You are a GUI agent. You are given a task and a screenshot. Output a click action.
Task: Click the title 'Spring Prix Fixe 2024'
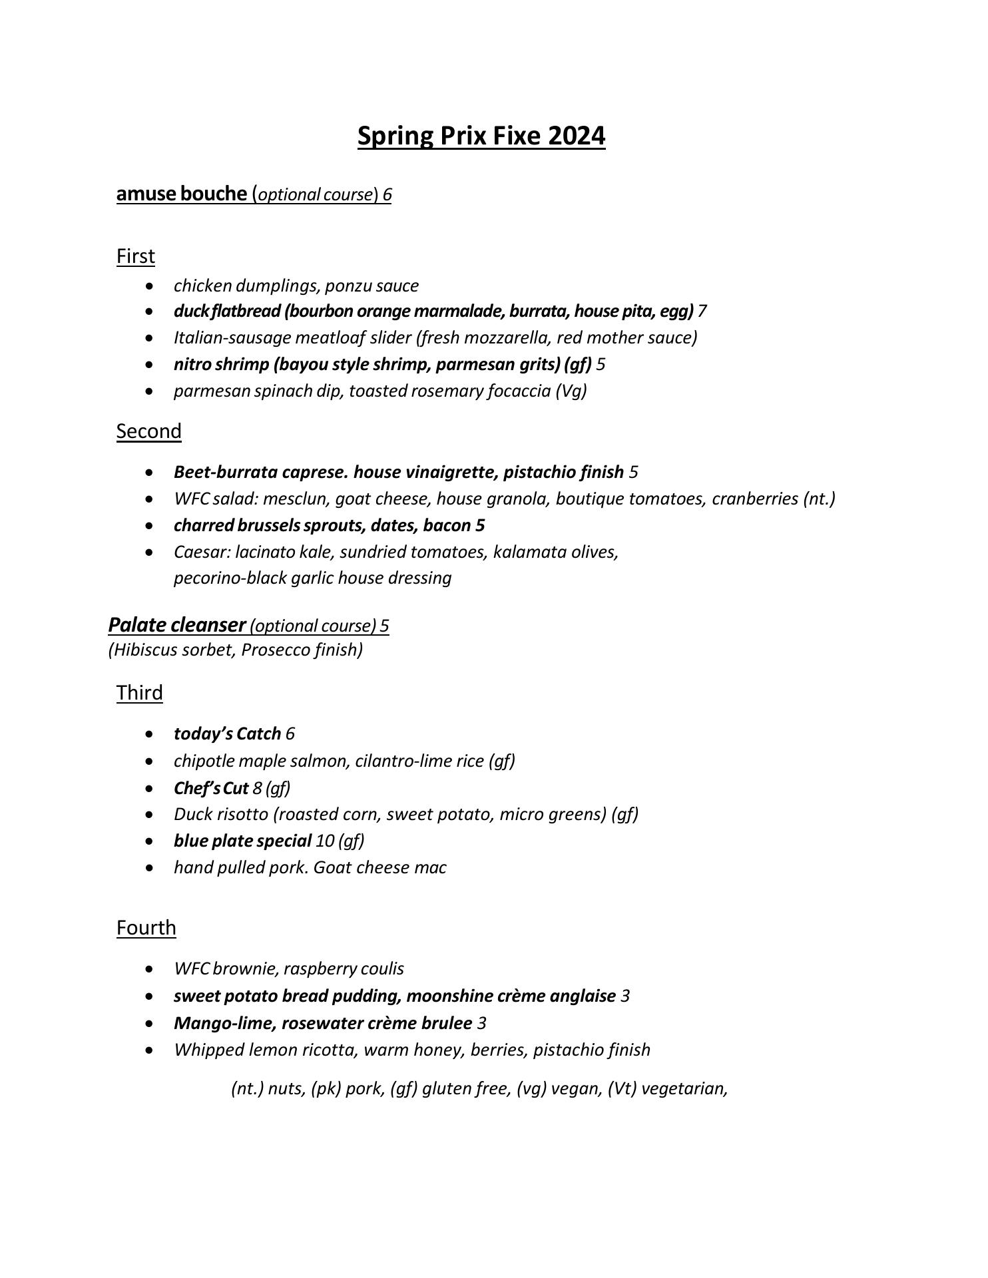pyautogui.click(x=481, y=136)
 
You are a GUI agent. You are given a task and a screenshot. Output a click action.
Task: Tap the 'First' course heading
pyautogui.click(x=136, y=256)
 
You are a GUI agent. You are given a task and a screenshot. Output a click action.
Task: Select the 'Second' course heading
pyautogui.click(x=148, y=431)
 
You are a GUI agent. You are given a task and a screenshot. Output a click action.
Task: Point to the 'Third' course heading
pyautogui.click(x=139, y=693)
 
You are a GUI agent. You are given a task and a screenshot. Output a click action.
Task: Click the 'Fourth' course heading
pyautogui.click(x=146, y=928)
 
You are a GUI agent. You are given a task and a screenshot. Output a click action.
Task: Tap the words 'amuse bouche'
pyautogui.click(x=181, y=194)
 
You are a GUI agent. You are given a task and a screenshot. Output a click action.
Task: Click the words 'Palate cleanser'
pyautogui.click(x=177, y=625)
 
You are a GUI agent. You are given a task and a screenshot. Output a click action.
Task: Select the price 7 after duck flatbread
pyautogui.click(x=702, y=312)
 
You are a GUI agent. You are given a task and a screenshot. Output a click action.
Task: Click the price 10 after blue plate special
pyautogui.click(x=325, y=841)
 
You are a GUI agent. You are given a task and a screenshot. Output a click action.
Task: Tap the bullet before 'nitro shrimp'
pyautogui.click(x=152, y=365)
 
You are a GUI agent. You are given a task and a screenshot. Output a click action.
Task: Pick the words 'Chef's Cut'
pyautogui.click(x=211, y=788)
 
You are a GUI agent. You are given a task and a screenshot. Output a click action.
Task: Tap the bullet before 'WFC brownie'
pyautogui.click(x=152, y=969)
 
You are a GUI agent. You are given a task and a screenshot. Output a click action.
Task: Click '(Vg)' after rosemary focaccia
pyautogui.click(x=571, y=391)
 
